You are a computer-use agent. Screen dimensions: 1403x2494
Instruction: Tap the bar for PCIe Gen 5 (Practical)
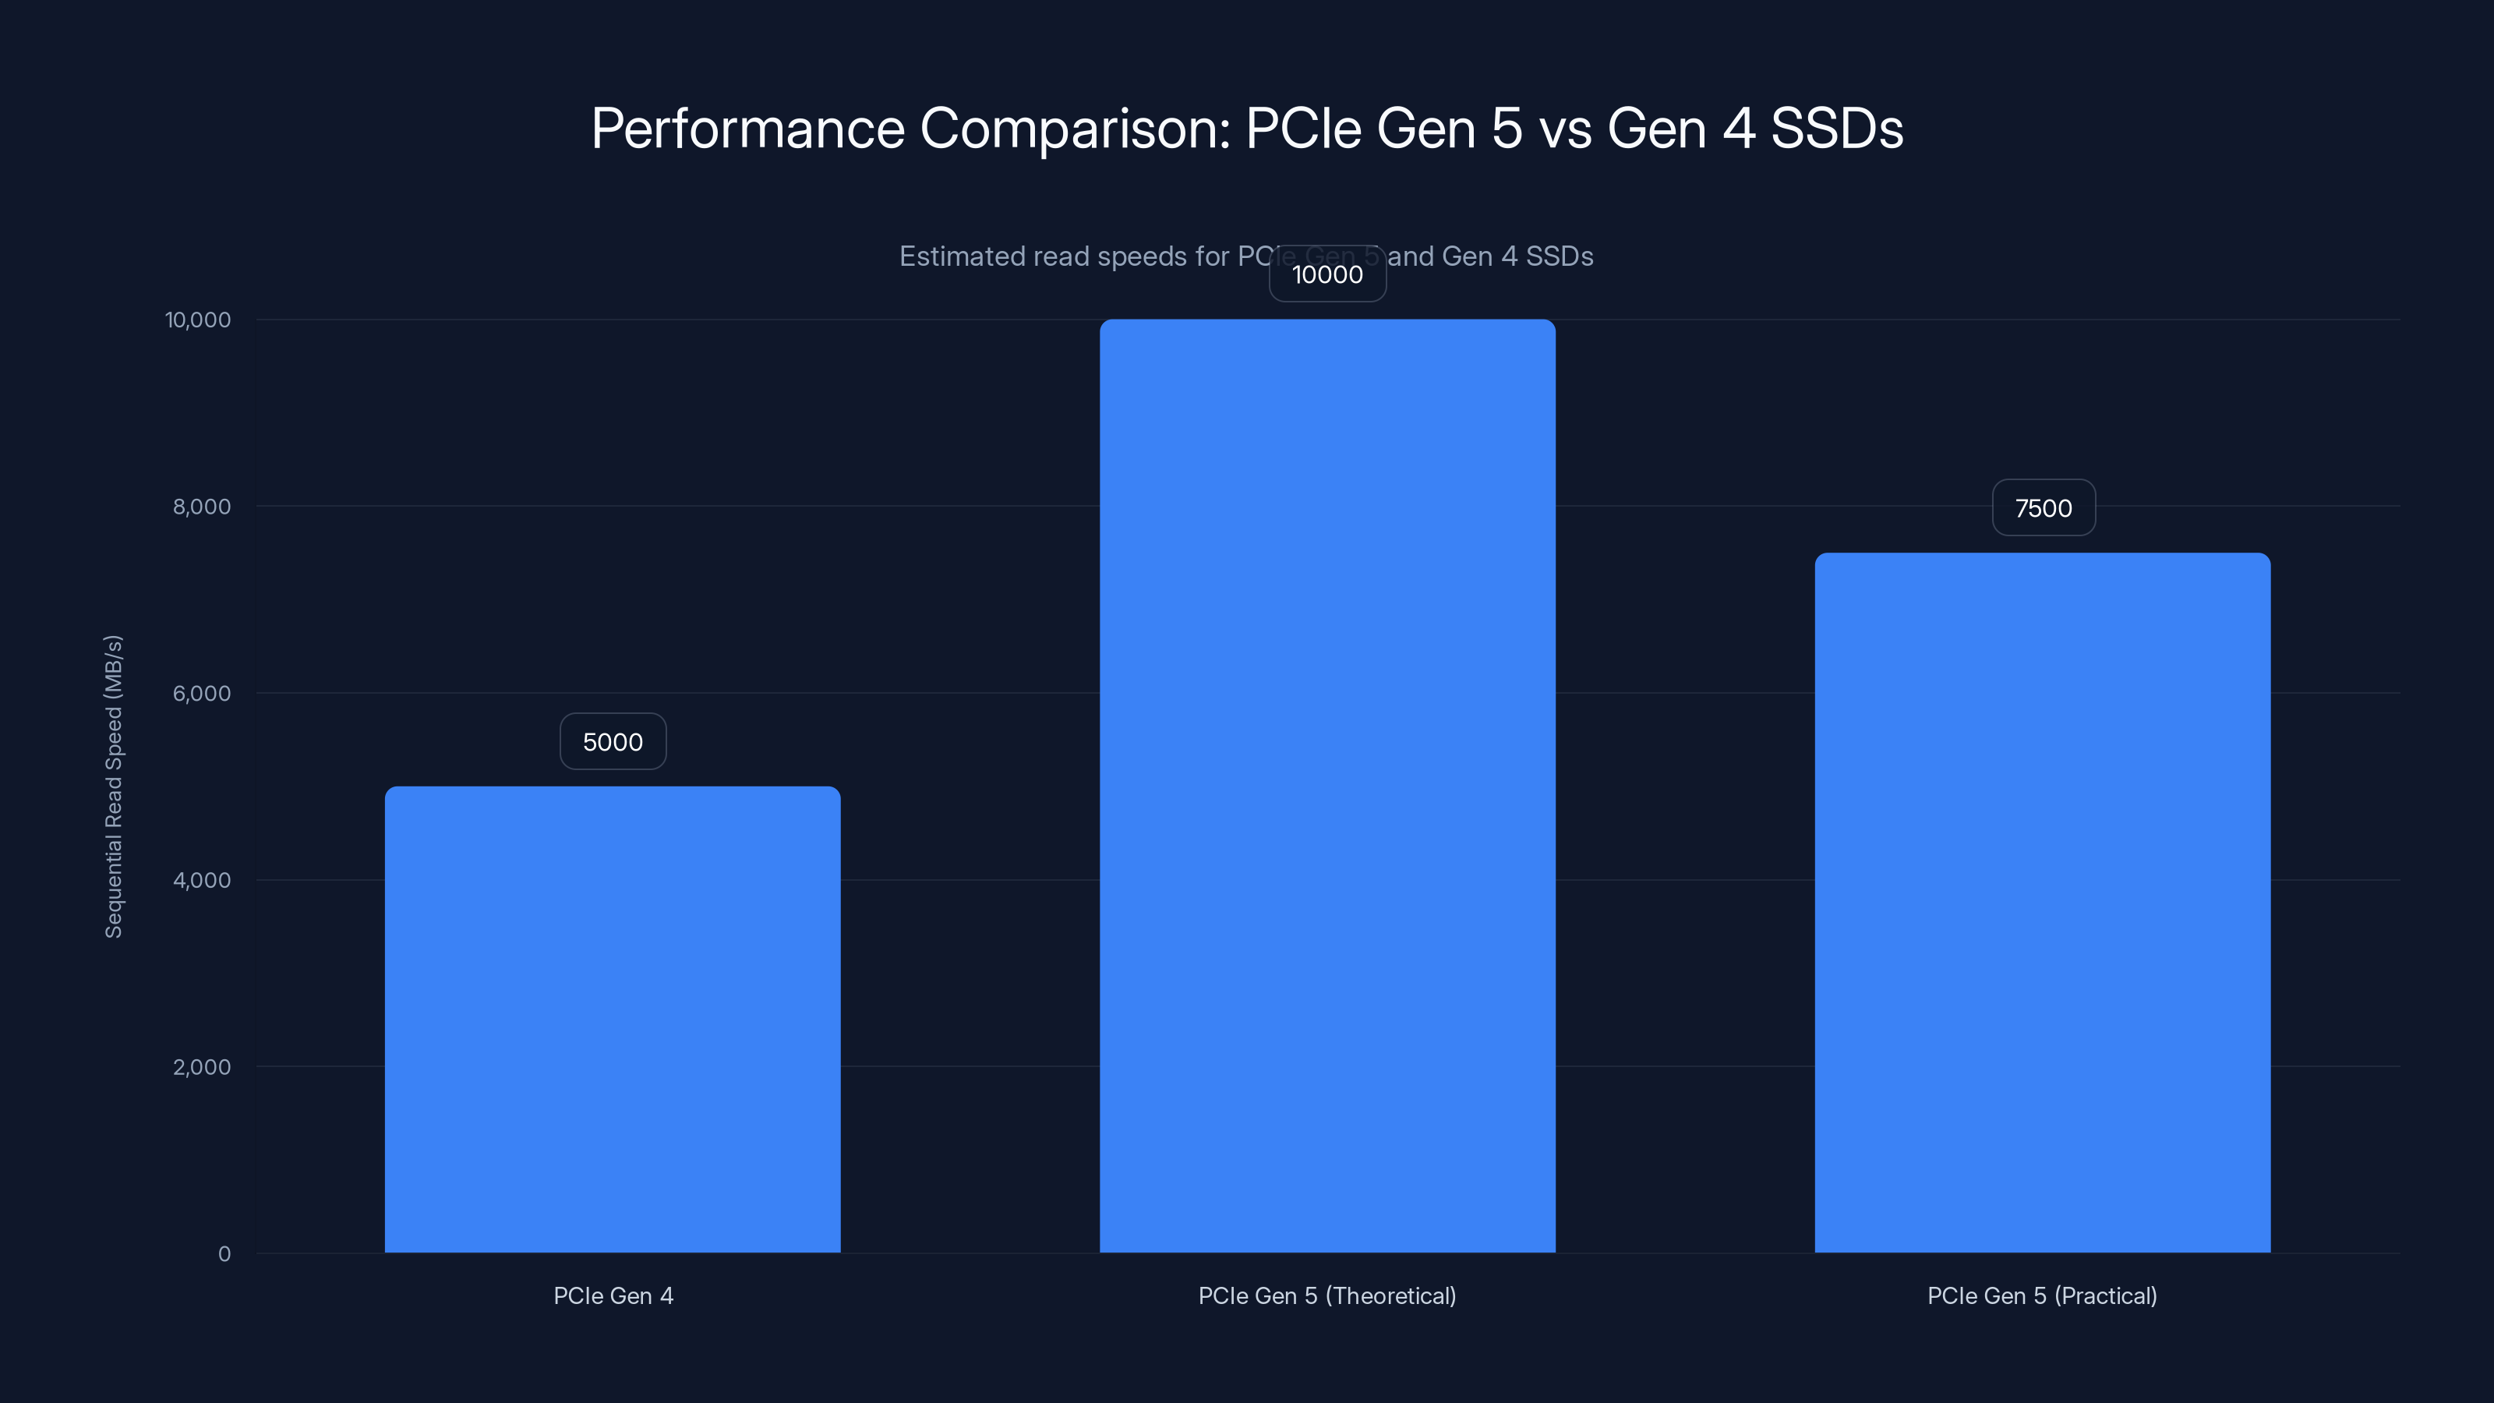[x=2042, y=903]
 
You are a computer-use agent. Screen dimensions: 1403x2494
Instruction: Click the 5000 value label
[x=613, y=742]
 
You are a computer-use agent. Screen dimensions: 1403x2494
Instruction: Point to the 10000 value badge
[x=1327, y=274]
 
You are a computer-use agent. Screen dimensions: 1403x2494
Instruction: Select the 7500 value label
[x=2043, y=508]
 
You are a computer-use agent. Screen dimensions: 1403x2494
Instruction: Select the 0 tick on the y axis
[x=224, y=1254]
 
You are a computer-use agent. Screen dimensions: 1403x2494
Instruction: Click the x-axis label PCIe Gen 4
[x=613, y=1295]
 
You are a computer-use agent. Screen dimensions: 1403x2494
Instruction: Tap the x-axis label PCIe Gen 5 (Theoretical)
[x=1327, y=1295]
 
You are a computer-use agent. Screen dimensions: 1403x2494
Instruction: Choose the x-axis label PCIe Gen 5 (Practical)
[x=2042, y=1295]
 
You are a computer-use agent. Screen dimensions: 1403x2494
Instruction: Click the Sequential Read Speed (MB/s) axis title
[x=113, y=786]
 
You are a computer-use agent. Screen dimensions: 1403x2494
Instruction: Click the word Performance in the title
[x=747, y=129]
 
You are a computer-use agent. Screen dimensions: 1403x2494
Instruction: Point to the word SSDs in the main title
[x=1835, y=129]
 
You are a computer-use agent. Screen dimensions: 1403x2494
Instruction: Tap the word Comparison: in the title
[x=1075, y=129]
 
